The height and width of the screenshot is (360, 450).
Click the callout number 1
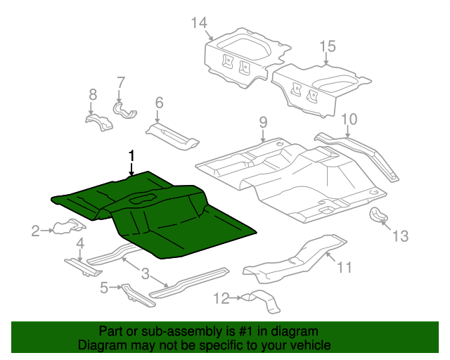tap(130, 155)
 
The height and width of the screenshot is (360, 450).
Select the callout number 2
tap(35, 229)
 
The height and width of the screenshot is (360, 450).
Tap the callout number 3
tap(145, 273)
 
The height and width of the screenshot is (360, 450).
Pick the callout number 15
tap(328, 47)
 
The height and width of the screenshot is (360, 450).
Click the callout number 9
tap(262, 122)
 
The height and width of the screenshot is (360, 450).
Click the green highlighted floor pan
tap(162, 218)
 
